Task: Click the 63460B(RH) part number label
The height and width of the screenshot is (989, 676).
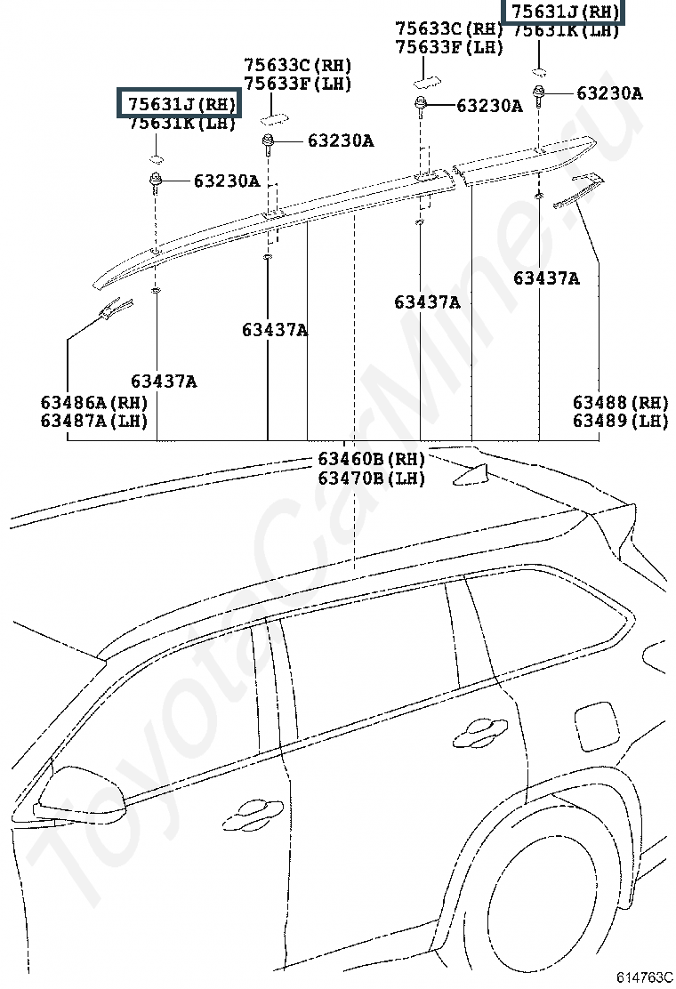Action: pos(371,460)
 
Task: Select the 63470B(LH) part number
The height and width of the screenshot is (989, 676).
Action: pos(371,478)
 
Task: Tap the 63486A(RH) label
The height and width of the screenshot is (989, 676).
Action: pos(93,402)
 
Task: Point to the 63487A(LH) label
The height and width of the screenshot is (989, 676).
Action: pos(93,421)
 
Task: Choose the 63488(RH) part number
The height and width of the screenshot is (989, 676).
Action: pos(619,402)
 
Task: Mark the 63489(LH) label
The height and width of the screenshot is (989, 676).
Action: pos(619,421)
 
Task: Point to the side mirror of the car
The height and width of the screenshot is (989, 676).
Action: pos(67,796)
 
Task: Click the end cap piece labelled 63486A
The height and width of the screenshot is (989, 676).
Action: pos(111,308)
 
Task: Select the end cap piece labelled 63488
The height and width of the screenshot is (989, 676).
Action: pos(578,189)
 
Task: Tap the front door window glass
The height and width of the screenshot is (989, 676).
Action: pos(178,712)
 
